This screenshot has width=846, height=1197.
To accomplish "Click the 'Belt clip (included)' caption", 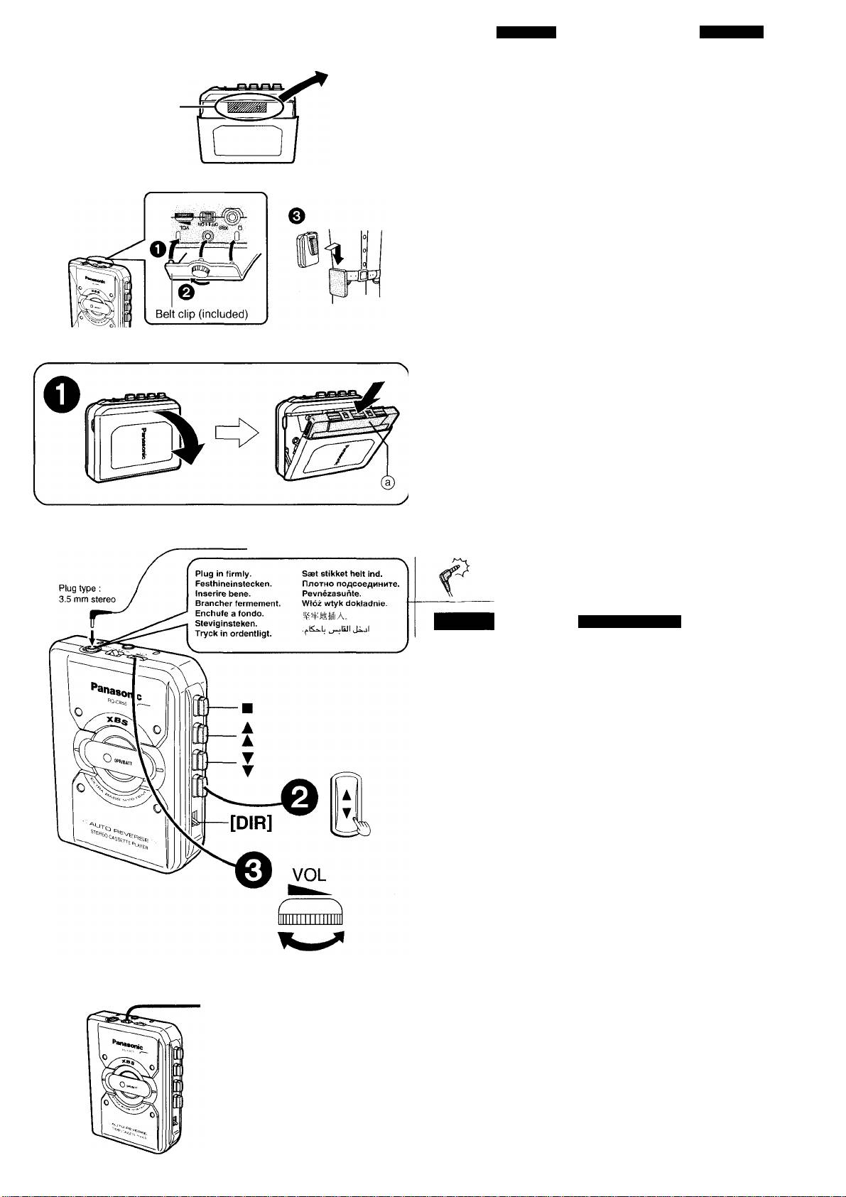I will [x=201, y=314].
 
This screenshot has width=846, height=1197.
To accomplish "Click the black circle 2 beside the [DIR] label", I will [x=300, y=799].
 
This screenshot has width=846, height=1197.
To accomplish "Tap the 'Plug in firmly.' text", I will [x=218, y=573].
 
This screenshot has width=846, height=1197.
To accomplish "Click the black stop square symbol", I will [x=247, y=708].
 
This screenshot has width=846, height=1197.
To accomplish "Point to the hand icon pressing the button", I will [x=363, y=825].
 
